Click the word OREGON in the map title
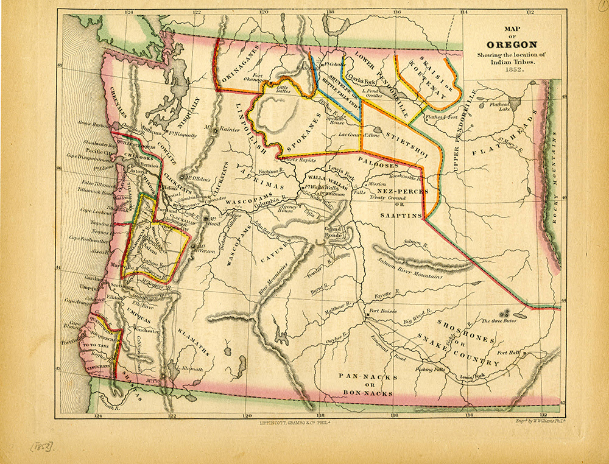[512, 44]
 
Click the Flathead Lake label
[502, 107]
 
